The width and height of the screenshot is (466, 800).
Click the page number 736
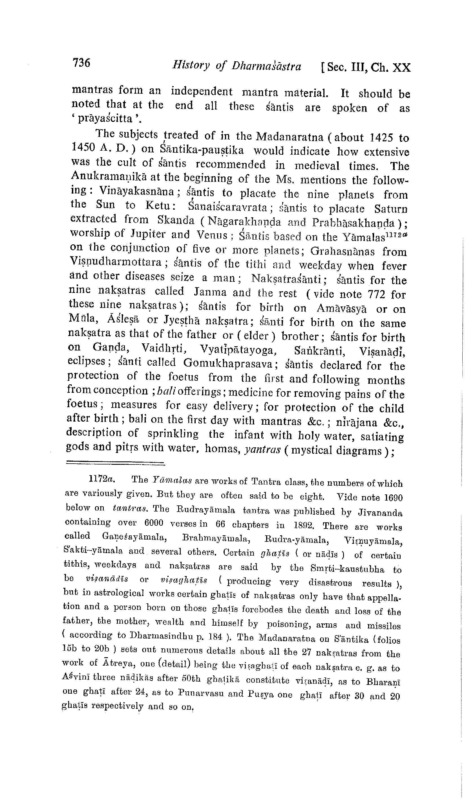coord(81,63)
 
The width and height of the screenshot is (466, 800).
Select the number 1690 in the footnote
coord(393,497)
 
